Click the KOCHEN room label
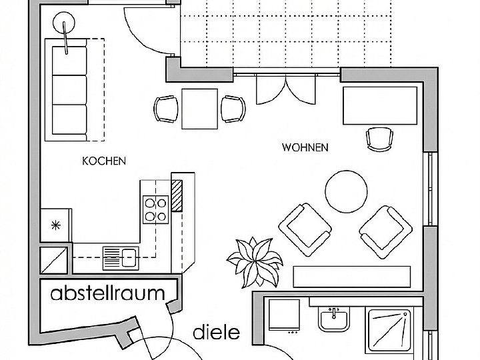104,161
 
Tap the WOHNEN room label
305,147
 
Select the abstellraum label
108,293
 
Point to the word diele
217,332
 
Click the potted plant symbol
255,262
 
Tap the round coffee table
346,191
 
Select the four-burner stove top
155,209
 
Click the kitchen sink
121,258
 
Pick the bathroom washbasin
334,319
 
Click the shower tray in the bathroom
389,330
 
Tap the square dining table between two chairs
199,109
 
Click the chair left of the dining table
166,109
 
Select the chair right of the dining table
233,109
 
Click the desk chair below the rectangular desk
379,139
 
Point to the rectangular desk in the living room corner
380,105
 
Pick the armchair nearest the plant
305,229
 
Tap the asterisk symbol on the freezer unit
56,225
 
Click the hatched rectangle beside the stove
177,195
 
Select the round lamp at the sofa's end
64,23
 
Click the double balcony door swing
285,89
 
